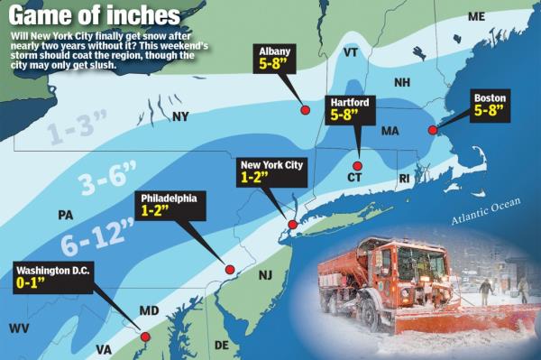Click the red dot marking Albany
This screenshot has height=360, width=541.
(305, 109)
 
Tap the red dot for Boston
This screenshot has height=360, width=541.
(433, 130)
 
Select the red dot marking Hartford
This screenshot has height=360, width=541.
(357, 166)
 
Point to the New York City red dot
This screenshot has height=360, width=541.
(292, 225)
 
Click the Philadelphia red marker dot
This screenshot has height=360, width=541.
(229, 269)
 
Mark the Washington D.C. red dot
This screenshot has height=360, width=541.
(145, 337)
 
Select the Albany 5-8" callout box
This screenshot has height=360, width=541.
(276, 58)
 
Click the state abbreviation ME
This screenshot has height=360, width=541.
(476, 17)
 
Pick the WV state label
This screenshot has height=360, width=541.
(19, 328)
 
